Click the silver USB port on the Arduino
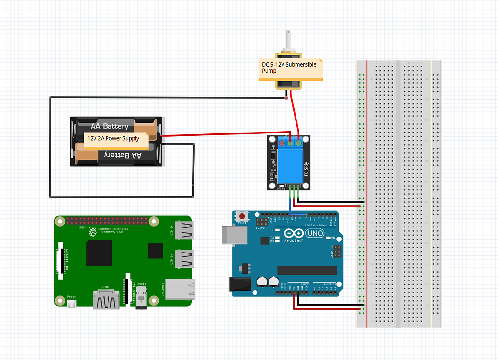pos(234,234)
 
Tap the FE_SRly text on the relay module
pos(306,171)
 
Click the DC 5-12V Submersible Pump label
pos(289,67)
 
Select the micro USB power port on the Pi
pos(72,304)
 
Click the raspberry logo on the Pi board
pos(92,233)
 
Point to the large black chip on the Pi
pos(99,253)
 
